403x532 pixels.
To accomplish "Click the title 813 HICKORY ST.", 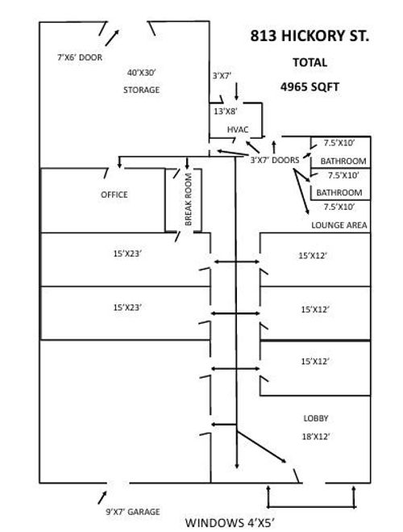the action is [310, 36].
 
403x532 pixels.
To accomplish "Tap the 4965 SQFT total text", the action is [310, 87].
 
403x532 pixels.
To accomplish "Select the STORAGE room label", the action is [141, 90].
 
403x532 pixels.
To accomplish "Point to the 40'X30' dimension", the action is [141, 73].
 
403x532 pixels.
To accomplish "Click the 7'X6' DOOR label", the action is [80, 57].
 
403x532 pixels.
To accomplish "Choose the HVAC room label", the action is [238, 129].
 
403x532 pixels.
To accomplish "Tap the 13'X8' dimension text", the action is [225, 111].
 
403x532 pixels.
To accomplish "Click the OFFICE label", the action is [114, 195].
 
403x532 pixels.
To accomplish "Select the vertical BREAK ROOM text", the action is [189, 199].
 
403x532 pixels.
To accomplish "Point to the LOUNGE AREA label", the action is [339, 225].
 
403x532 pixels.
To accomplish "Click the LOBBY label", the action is [316, 418].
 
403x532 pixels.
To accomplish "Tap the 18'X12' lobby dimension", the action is [316, 437].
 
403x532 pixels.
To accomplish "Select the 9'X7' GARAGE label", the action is [132, 512].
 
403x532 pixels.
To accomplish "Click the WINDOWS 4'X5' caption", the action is [229, 523].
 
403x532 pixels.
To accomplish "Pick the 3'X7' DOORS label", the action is [275, 160].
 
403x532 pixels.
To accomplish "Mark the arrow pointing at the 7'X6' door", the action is [112, 38].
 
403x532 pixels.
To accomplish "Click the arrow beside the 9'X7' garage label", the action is [102, 497].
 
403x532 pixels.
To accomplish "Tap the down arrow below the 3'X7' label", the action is [236, 91].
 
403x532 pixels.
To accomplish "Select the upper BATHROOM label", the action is [343, 161].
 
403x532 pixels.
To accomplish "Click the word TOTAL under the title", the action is [310, 62].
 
